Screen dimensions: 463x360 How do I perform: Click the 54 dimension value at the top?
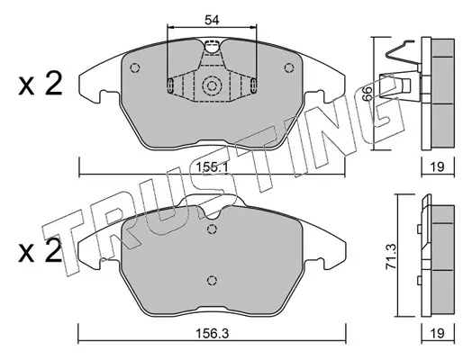[x=212, y=21]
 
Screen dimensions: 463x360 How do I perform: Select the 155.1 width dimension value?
[x=212, y=166]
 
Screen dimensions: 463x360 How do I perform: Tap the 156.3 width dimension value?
[x=212, y=333]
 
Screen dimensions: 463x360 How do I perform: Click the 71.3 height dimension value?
[x=392, y=256]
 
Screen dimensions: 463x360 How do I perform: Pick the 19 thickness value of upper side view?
[x=438, y=166]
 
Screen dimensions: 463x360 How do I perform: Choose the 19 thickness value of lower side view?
[x=438, y=333]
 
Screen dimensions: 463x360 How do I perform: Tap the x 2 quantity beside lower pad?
[x=41, y=251]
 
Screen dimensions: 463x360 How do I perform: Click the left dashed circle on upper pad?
[x=135, y=67]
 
